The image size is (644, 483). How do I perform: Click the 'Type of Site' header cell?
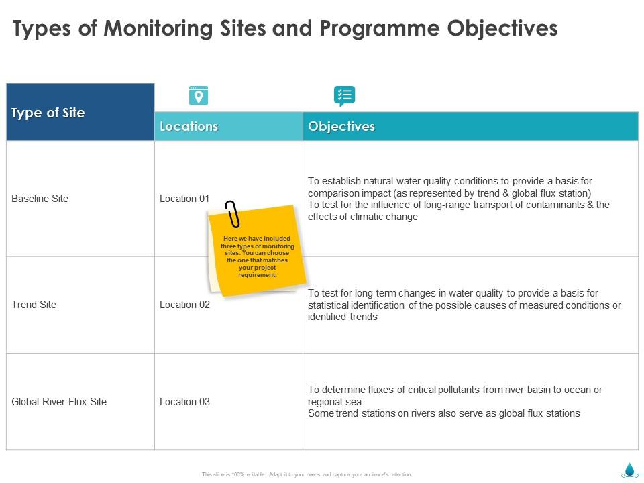(48, 113)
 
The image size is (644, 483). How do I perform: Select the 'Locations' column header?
(189, 127)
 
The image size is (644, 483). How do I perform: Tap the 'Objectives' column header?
(341, 127)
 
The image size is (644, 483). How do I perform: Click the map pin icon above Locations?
(198, 96)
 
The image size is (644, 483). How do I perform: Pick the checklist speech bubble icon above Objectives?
(344, 96)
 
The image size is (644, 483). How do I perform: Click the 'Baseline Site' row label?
(40, 199)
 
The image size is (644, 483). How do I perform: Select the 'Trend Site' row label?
(34, 305)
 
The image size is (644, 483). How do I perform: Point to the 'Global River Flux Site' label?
(59, 402)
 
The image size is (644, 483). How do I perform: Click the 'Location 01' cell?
(184, 199)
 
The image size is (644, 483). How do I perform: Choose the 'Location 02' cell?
(184, 305)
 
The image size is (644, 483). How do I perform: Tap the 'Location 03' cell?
(184, 402)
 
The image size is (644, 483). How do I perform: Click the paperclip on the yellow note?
(232, 213)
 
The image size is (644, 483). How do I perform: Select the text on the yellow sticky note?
(257, 257)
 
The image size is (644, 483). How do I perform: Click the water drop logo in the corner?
(629, 470)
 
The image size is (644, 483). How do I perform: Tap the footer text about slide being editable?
(307, 474)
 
